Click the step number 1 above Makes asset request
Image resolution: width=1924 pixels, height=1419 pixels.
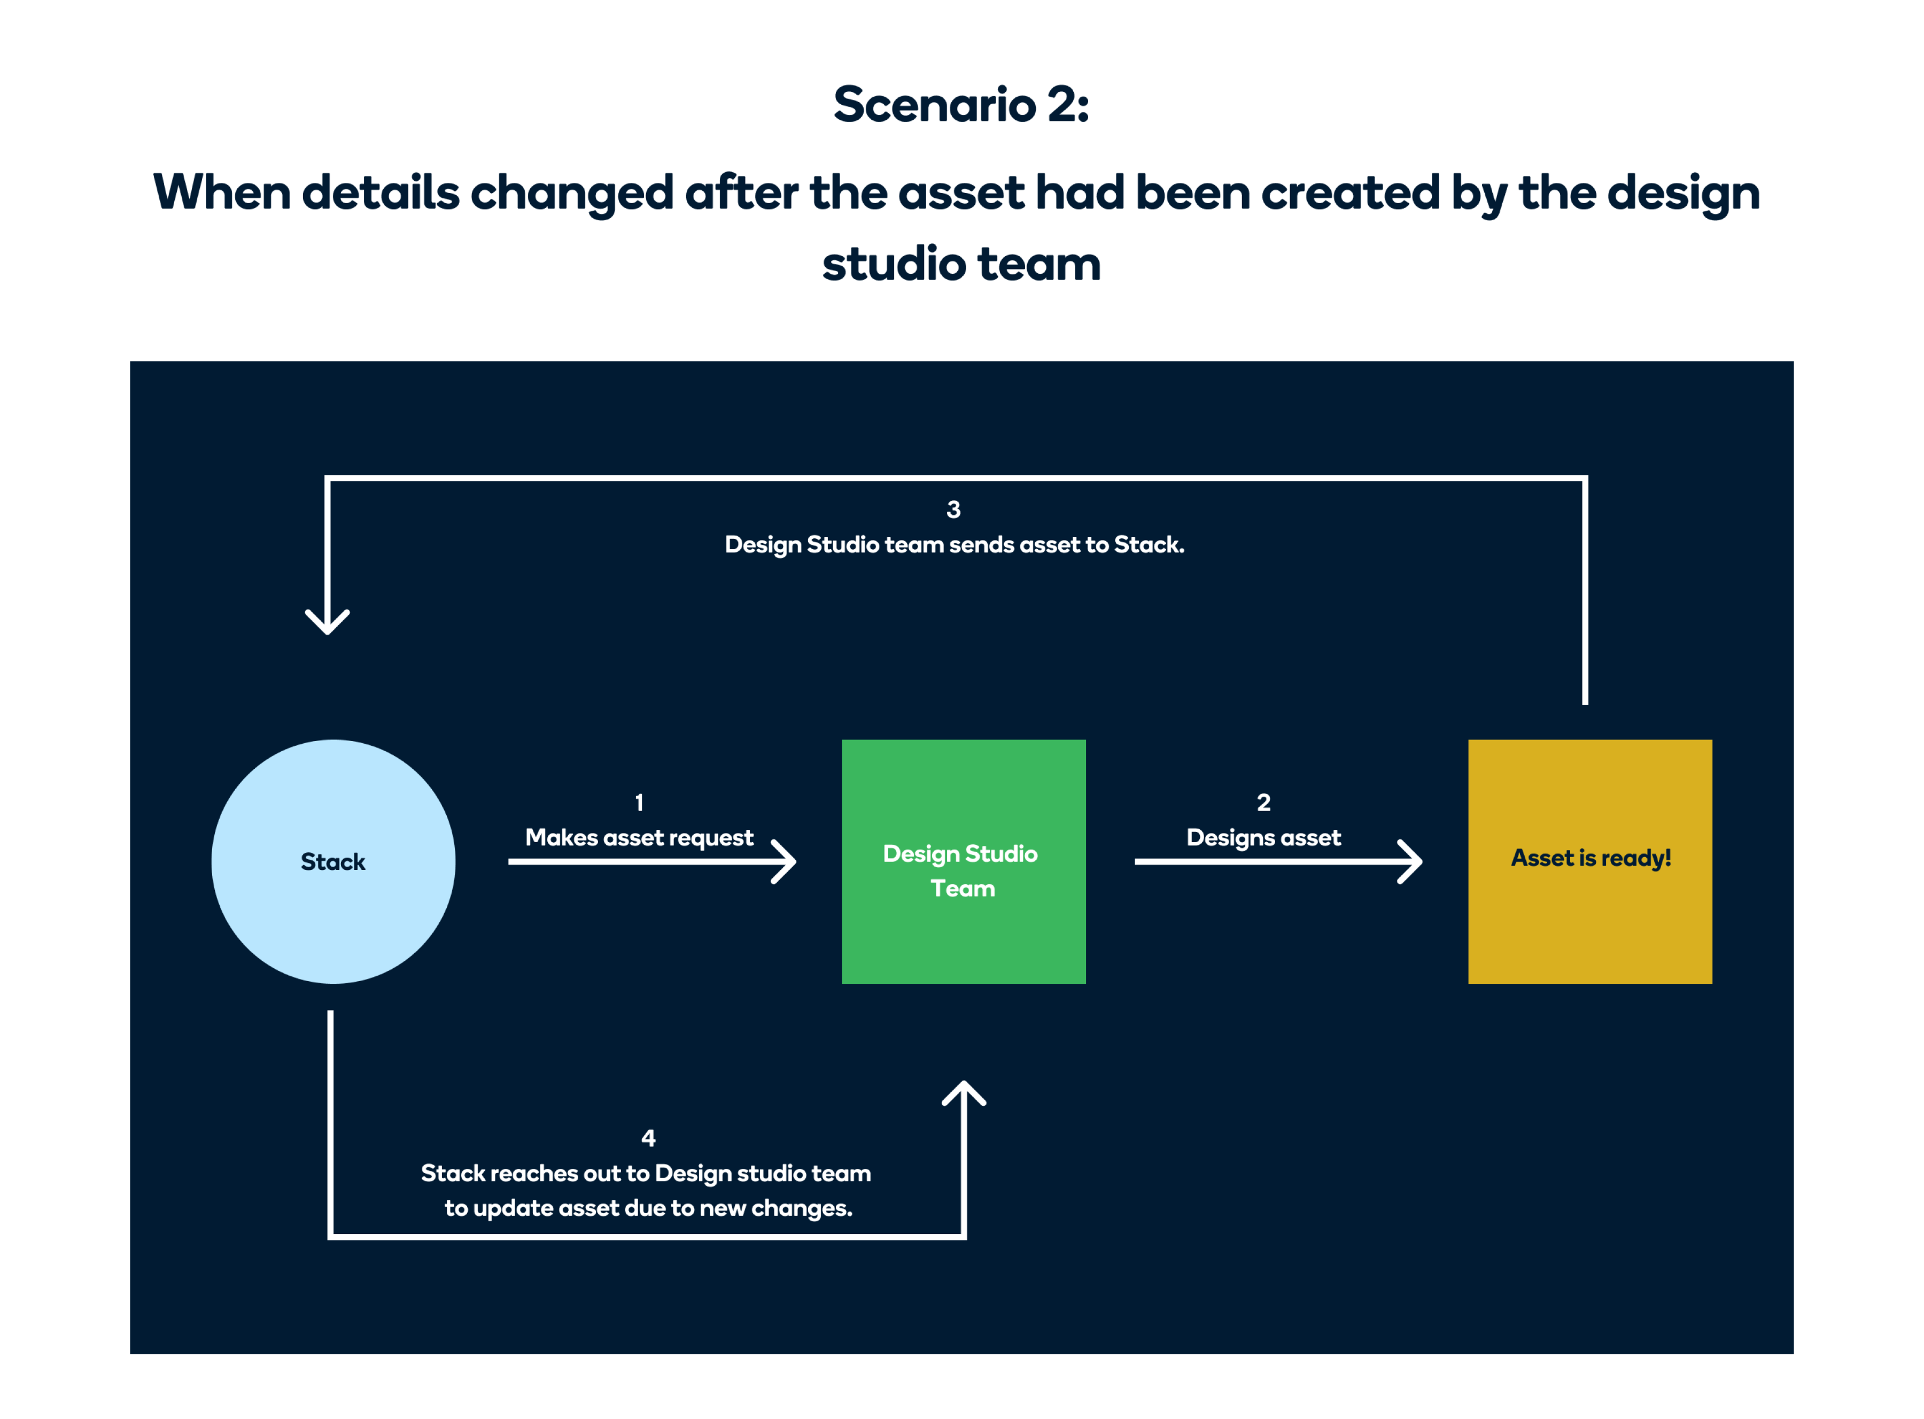click(639, 803)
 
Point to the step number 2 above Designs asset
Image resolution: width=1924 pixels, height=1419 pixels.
click(1263, 803)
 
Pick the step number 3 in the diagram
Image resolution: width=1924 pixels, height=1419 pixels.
click(953, 510)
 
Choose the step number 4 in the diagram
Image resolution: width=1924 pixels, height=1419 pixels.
click(648, 1138)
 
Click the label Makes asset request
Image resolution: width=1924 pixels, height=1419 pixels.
click(639, 837)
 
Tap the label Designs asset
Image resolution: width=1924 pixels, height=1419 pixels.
click(1263, 837)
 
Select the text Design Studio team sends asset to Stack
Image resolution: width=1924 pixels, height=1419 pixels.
click(954, 545)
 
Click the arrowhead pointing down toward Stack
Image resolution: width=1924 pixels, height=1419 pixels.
click(327, 622)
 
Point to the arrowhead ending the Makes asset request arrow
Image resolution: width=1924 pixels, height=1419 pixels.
click(785, 861)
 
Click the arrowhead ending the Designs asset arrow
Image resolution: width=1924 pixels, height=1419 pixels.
click(1410, 861)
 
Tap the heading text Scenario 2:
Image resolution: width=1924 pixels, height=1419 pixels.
click(961, 105)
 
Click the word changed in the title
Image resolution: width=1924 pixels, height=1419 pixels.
click(571, 193)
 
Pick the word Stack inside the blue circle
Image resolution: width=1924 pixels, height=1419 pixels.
click(333, 861)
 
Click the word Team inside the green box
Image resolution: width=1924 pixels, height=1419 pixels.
click(963, 888)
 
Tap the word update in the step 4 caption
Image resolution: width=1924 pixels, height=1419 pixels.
click(511, 1208)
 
